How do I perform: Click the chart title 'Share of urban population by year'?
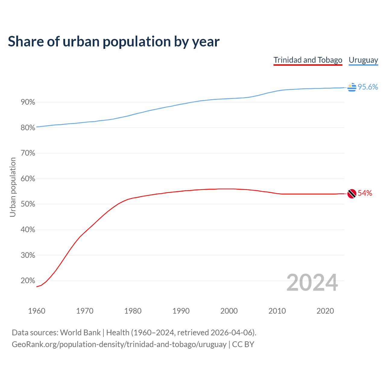(114, 42)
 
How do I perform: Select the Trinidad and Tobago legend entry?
(308, 60)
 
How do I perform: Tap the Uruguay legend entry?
(363, 60)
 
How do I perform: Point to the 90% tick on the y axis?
(28, 102)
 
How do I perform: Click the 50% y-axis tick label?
(28, 204)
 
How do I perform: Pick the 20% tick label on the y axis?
(28, 281)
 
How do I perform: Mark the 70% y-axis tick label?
(28, 153)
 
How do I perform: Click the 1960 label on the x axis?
(36, 311)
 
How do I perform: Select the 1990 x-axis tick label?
(181, 311)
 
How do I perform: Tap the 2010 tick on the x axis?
(277, 311)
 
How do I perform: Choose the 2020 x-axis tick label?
(325, 311)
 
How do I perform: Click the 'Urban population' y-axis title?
(13, 187)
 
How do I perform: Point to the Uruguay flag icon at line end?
(352, 87)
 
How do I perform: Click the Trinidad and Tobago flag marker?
(352, 194)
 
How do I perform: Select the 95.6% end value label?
(368, 87)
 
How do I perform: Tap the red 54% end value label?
(365, 193)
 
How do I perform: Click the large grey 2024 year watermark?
(312, 283)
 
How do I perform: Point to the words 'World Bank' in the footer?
(80, 333)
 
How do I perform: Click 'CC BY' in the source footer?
(243, 344)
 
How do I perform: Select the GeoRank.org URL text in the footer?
(119, 344)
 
